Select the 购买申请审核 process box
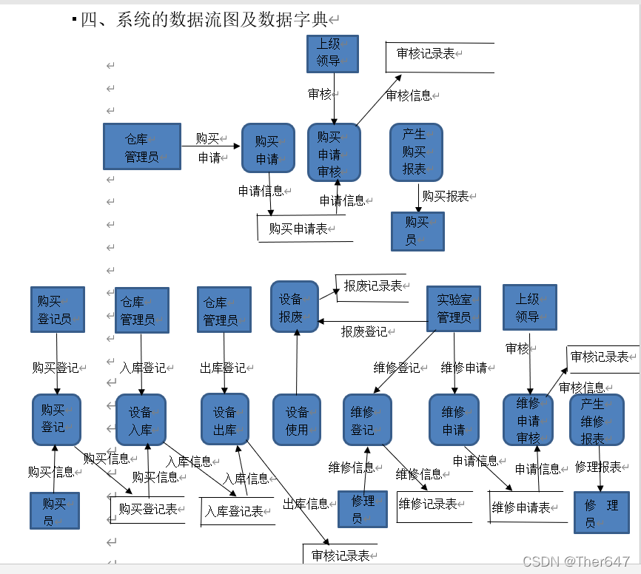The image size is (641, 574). [x=334, y=152]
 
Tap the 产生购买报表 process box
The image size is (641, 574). [x=416, y=152]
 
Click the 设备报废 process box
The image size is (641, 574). [x=294, y=307]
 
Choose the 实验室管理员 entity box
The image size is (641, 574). [x=454, y=308]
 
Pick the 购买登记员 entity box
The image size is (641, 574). [x=56, y=310]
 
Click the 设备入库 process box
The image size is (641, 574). [x=141, y=420]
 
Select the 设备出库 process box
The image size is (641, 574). [x=225, y=420]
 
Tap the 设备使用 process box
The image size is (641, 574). [x=297, y=420]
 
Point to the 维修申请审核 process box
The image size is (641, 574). [x=528, y=420]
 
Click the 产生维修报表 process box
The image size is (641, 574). [x=592, y=420]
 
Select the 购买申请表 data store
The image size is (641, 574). [x=299, y=229]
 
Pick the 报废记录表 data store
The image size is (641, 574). [x=373, y=286]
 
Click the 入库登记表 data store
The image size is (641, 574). [x=235, y=511]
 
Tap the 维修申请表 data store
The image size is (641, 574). [x=522, y=507]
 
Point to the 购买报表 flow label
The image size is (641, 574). [x=446, y=196]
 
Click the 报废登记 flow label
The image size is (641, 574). [x=363, y=331]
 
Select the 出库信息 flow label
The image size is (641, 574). [x=306, y=504]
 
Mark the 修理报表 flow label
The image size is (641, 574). [x=598, y=467]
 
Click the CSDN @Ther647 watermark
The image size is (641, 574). [x=576, y=562]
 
